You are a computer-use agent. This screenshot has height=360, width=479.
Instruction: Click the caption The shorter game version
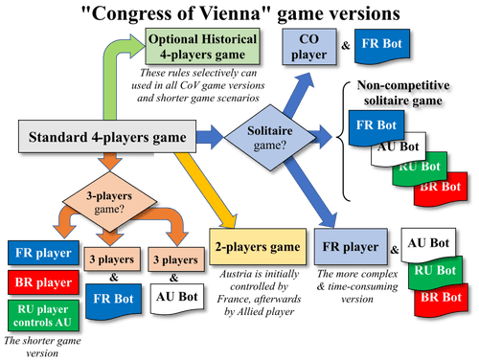(x=38, y=347)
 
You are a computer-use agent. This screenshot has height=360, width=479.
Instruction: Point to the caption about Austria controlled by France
(x=257, y=281)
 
